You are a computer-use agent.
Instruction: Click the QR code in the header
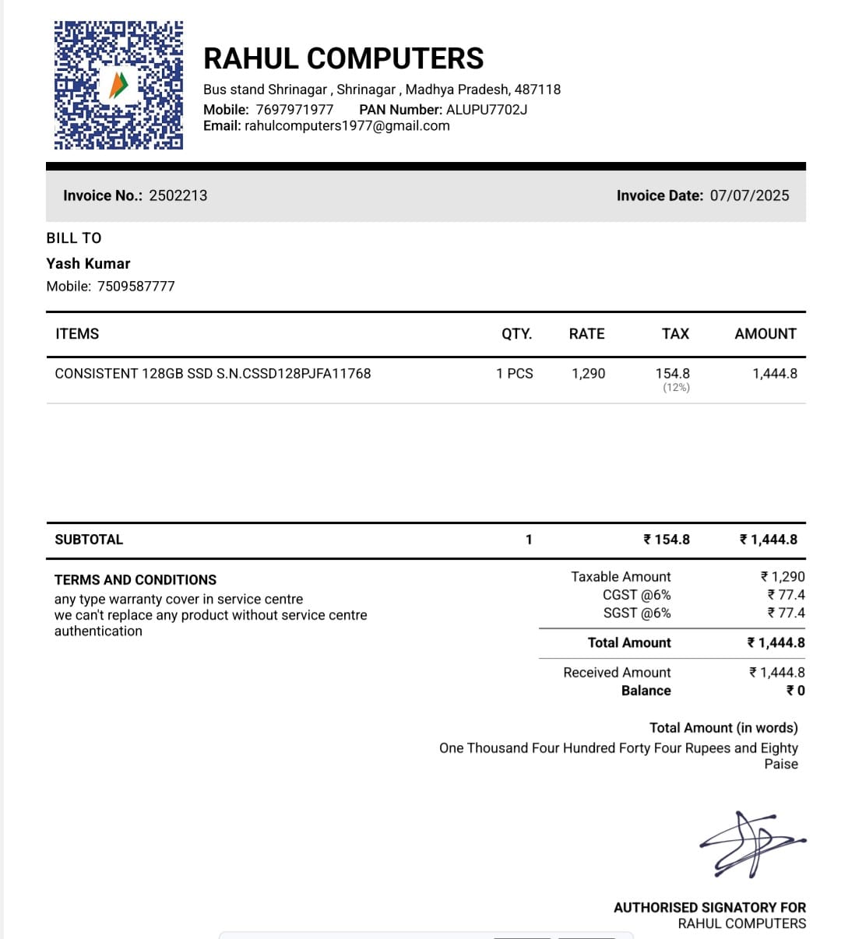118,85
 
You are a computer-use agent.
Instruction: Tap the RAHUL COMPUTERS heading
343,58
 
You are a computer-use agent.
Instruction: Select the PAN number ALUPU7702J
487,110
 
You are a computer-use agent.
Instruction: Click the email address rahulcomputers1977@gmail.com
347,126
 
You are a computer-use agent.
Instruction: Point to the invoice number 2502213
178,195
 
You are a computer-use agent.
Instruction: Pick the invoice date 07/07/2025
749,195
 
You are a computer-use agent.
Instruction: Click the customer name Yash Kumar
88,263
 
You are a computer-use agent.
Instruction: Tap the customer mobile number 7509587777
136,287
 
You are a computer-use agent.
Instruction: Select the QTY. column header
516,334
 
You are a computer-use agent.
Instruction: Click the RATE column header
586,334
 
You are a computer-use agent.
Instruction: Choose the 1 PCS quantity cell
515,374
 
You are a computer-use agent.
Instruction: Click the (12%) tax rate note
676,388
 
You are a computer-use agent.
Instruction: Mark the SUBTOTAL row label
89,540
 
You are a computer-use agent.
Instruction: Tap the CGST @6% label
636,595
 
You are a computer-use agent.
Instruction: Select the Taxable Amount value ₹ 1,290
783,577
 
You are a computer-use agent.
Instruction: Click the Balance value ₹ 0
795,691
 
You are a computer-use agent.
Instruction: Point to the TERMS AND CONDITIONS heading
135,580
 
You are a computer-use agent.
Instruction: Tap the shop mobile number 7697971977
294,110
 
